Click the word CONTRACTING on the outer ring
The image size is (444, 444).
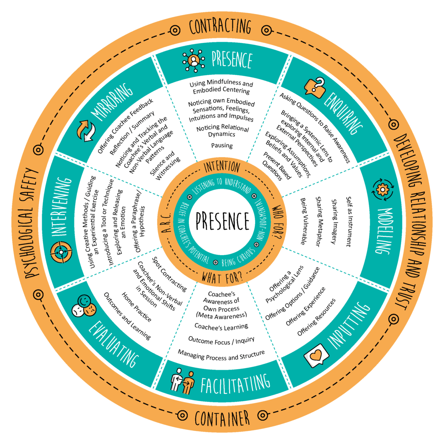click(220, 27)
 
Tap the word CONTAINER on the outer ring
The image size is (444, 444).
click(222, 419)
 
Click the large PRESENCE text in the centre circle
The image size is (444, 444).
click(222, 221)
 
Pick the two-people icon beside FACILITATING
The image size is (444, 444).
click(182, 380)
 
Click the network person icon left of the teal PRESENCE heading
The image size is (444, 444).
click(194, 60)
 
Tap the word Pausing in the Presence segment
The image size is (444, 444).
click(222, 146)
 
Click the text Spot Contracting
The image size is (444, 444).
click(169, 274)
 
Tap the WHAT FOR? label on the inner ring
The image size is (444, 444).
click(222, 277)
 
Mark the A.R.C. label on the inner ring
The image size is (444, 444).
click(168, 222)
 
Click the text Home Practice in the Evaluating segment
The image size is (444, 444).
click(136, 307)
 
